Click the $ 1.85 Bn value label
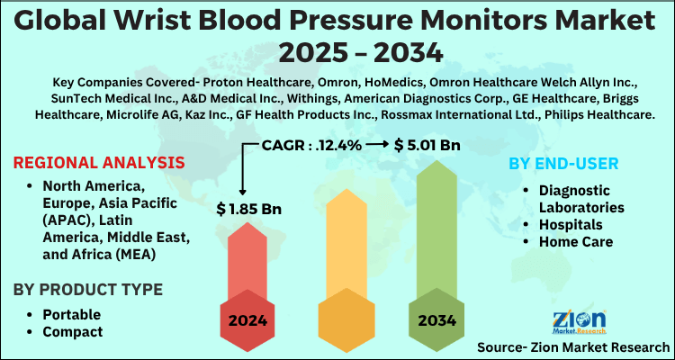(x=249, y=209)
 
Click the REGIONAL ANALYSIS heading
(x=100, y=163)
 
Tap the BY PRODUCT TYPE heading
(x=88, y=289)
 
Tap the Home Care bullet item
(x=576, y=241)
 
